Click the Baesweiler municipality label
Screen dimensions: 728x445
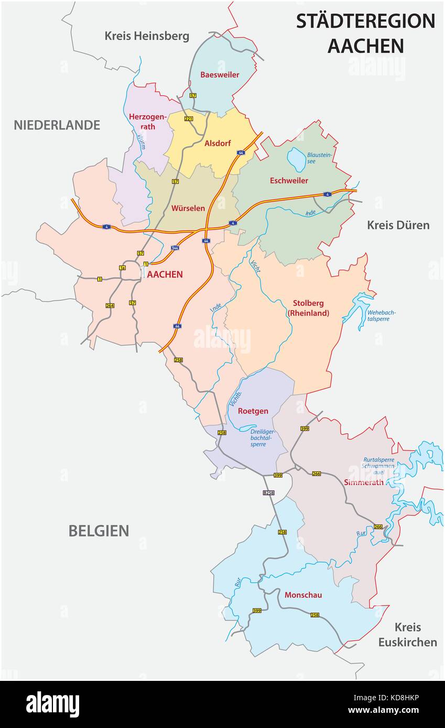click(220, 75)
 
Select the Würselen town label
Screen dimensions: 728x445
click(188, 208)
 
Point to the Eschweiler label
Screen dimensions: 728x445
click(289, 181)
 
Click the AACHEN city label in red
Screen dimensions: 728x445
click(165, 274)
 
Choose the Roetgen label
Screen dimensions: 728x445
click(253, 411)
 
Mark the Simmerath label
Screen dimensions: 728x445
click(364, 482)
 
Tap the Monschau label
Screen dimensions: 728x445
click(303, 595)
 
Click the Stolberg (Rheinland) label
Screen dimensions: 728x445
click(308, 308)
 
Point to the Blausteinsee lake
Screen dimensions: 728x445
click(297, 159)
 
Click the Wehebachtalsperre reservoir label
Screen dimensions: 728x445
click(381, 316)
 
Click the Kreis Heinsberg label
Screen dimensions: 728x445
click(147, 36)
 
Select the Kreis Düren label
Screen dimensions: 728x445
click(398, 225)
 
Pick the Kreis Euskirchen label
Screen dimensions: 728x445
click(408, 634)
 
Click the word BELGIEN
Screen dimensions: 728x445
click(99, 531)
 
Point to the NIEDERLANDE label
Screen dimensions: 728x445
click(57, 125)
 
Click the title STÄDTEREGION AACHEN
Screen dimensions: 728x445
click(365, 33)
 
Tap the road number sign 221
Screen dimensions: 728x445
click(189, 119)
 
